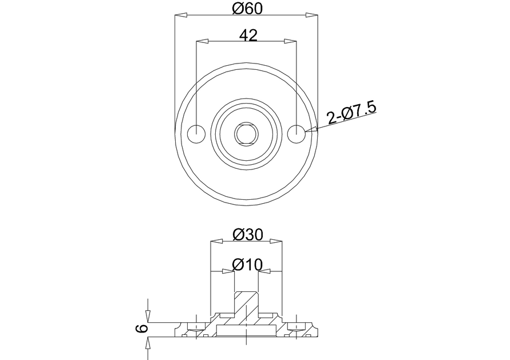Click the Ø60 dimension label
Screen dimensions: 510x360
(247, 8)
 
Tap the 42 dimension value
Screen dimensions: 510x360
(248, 35)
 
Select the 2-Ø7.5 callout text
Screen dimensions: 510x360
(351, 113)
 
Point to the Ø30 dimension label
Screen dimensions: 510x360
(248, 234)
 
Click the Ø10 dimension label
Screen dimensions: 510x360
(247, 264)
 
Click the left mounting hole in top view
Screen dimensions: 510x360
(196, 133)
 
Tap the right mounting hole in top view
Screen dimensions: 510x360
(296, 133)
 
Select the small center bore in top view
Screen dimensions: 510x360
(247, 133)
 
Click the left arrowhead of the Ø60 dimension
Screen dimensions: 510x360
(181, 15)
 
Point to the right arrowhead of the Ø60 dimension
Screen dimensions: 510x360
(311, 15)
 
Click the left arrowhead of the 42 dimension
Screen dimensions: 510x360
(201, 41)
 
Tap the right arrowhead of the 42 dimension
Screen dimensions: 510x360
(290, 41)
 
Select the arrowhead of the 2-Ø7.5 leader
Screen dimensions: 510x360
(311, 130)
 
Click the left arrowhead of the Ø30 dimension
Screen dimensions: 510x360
(217, 242)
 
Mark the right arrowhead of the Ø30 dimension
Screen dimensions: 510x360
(276, 242)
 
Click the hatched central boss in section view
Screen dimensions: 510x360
(246, 309)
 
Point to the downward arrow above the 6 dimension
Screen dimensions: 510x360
(148, 317)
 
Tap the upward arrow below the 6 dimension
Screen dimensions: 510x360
(148, 343)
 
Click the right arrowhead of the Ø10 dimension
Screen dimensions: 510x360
(264, 271)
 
